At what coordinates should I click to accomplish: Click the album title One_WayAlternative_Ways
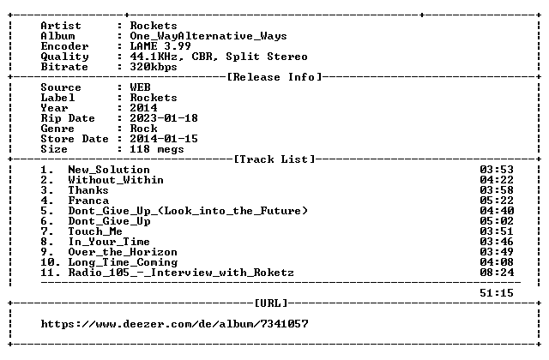(x=208, y=36)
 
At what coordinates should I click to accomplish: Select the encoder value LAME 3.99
(x=160, y=45)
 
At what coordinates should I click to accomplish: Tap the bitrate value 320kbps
(x=154, y=67)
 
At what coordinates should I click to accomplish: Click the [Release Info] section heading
(x=274, y=77)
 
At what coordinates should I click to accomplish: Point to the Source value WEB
(x=140, y=87)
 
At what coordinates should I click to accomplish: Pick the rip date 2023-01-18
(x=164, y=118)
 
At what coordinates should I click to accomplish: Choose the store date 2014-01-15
(x=164, y=139)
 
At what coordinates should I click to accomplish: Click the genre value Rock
(x=143, y=129)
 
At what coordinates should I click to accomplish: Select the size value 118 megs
(x=156, y=149)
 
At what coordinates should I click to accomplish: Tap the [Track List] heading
(x=274, y=159)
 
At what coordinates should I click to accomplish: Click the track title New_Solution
(x=109, y=170)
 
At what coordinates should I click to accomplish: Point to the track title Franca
(x=88, y=201)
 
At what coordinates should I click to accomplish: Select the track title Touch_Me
(x=95, y=231)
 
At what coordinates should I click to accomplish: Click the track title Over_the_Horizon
(x=123, y=252)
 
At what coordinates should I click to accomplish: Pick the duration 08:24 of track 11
(x=497, y=273)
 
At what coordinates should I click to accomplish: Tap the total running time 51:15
(x=497, y=293)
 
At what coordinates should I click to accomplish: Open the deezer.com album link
(x=174, y=324)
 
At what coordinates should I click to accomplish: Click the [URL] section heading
(x=271, y=303)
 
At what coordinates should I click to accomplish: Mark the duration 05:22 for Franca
(x=497, y=201)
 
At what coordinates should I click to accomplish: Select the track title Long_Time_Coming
(x=123, y=262)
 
